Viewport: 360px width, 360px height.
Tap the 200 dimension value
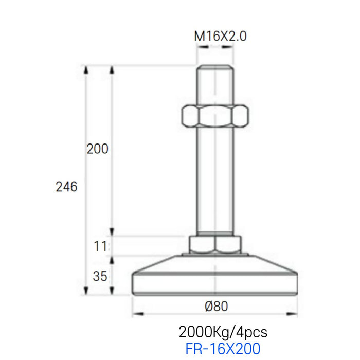98,149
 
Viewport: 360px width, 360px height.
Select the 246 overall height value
66,187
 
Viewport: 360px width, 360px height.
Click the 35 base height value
101,276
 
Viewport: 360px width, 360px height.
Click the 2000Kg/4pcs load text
223,331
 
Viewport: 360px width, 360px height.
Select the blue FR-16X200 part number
223,349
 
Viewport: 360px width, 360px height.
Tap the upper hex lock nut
216,116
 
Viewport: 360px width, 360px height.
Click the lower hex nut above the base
216,244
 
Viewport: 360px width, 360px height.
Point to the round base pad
216,280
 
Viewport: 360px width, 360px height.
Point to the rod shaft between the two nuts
216,180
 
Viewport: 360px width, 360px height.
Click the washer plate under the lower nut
216,255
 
